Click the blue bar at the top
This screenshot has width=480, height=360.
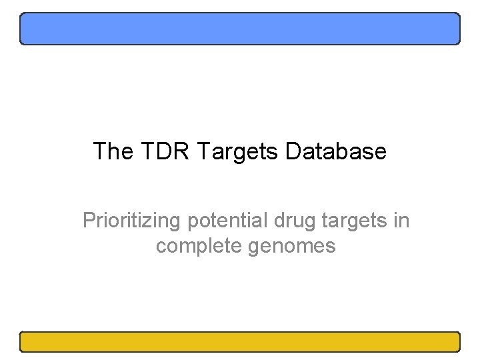point(240,29)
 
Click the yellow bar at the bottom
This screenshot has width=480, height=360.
point(240,341)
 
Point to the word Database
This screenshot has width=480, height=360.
point(336,151)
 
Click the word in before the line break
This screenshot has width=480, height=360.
point(401,220)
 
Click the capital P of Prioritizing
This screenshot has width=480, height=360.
point(88,220)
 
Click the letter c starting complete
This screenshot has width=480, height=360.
point(161,247)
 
